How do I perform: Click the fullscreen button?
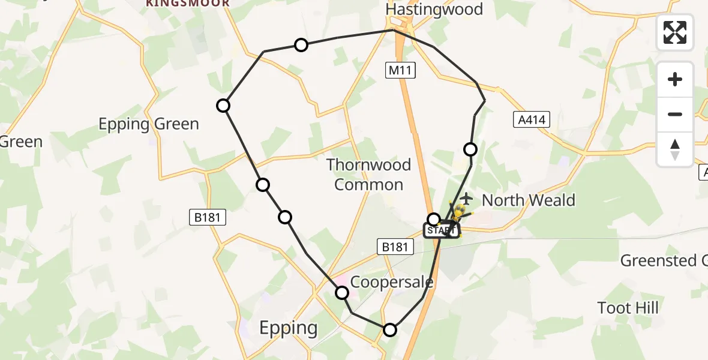coord(675,32)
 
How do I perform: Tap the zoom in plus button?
coord(675,79)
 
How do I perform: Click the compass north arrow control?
coord(675,149)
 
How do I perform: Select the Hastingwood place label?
coord(434,10)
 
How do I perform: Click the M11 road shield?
coord(400,71)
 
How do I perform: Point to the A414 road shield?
coord(532,120)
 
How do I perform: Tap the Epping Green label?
coord(148,124)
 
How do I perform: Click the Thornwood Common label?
coord(368,175)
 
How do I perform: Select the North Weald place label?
coord(528,200)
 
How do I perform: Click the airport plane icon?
coord(466,197)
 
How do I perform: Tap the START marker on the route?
coord(441,230)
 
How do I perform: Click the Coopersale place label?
coord(391,282)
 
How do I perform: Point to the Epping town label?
coord(288,328)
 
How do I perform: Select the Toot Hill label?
coord(628,308)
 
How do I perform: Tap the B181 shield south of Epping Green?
coord(208,217)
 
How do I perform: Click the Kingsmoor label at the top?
coord(187,4)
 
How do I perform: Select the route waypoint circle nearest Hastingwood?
coord(301,45)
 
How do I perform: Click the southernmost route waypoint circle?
coord(390,329)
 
